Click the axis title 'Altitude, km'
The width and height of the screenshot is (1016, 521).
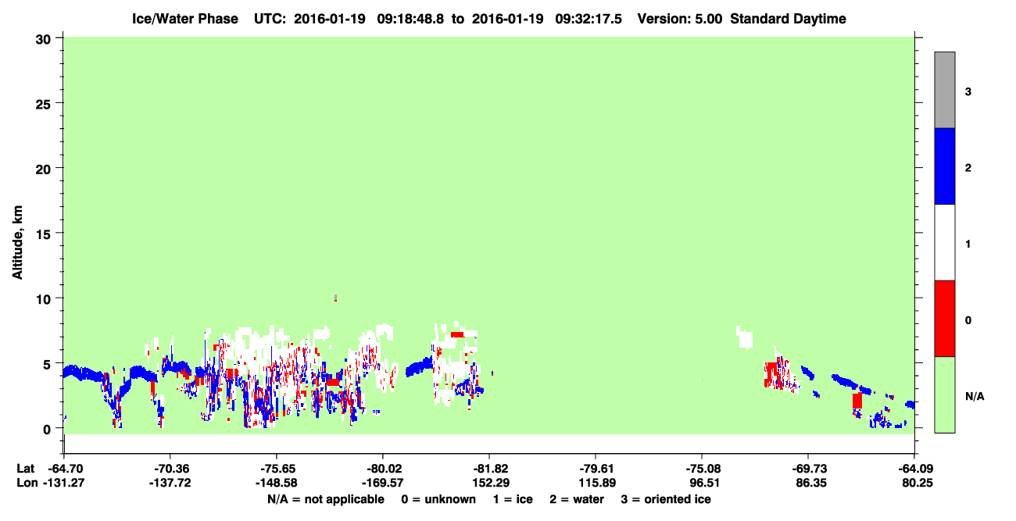tap(17, 242)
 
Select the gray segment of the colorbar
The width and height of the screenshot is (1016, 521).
tap(944, 90)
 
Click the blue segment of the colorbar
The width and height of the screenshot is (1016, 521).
tap(944, 166)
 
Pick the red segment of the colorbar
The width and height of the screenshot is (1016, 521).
tap(944, 319)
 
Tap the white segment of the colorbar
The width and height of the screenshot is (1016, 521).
tap(944, 242)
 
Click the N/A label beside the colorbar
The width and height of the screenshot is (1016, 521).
tap(975, 397)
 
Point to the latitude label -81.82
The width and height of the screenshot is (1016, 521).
tap(490, 469)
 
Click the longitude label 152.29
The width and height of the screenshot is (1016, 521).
tap(491, 483)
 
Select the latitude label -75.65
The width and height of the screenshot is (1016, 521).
tap(277, 469)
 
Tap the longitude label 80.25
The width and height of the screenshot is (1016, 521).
tap(917, 483)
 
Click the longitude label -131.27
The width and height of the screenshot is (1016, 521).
tap(63, 483)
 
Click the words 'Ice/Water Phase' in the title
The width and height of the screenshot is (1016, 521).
tap(185, 19)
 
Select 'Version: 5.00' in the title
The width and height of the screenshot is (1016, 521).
tap(679, 19)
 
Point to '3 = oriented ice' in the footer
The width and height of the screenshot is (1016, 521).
tap(666, 499)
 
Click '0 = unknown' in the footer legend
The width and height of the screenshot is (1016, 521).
tap(438, 499)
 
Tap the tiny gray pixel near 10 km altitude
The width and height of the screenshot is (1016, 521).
tap(335, 297)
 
